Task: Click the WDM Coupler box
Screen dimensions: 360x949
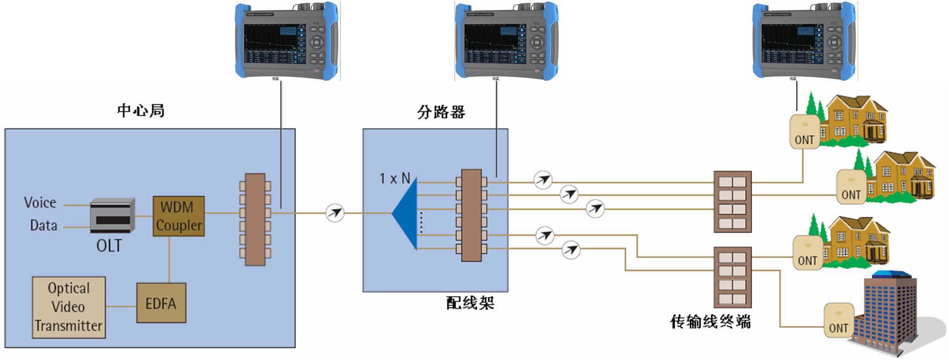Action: (x=178, y=216)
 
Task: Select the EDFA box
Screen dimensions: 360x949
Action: (x=161, y=303)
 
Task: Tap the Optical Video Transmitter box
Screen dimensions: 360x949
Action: (x=69, y=307)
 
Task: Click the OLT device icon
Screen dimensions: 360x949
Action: (x=112, y=215)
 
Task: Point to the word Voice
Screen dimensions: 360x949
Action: (x=40, y=202)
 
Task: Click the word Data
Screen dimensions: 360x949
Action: (x=44, y=226)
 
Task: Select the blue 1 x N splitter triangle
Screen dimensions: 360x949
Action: (x=405, y=214)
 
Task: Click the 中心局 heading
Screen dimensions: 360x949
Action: (x=141, y=111)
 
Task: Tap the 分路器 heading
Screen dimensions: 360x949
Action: (x=441, y=112)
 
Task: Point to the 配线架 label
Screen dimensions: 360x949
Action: (x=470, y=303)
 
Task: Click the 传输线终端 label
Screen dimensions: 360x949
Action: (x=710, y=321)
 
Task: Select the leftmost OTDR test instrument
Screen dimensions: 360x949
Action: (x=287, y=41)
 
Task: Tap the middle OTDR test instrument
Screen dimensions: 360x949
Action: (x=507, y=41)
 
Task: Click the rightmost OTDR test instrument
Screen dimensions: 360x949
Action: (x=804, y=41)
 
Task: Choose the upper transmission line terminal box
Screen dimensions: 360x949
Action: (x=732, y=202)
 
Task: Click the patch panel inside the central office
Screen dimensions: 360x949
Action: (x=255, y=219)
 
